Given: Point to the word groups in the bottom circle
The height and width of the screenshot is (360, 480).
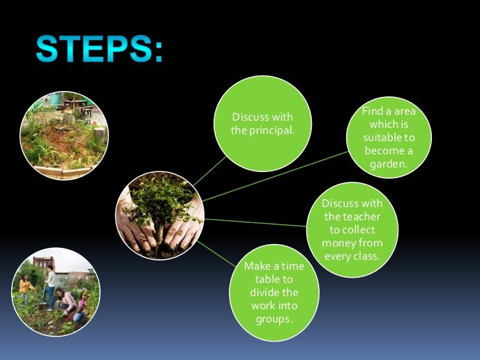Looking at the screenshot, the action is [x=274, y=319].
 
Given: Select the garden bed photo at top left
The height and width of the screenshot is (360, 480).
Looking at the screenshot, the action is [x=64, y=135].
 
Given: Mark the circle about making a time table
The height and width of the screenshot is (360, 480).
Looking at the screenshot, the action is [x=274, y=290].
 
